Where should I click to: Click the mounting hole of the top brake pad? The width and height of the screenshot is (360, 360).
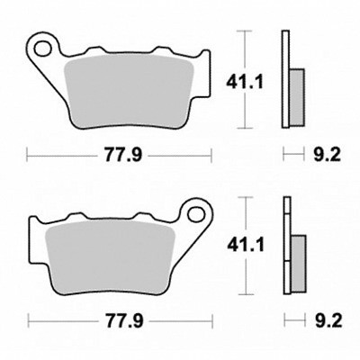pos(42,49)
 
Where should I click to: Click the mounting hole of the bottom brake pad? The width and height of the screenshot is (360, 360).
pos(196,214)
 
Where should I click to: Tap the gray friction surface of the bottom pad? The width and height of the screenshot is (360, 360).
pos(110,256)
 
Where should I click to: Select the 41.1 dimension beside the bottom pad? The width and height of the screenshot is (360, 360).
pos(246,245)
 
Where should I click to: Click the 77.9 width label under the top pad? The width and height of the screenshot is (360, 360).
pos(123,156)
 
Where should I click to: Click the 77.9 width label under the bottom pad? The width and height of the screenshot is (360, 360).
pos(124,321)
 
